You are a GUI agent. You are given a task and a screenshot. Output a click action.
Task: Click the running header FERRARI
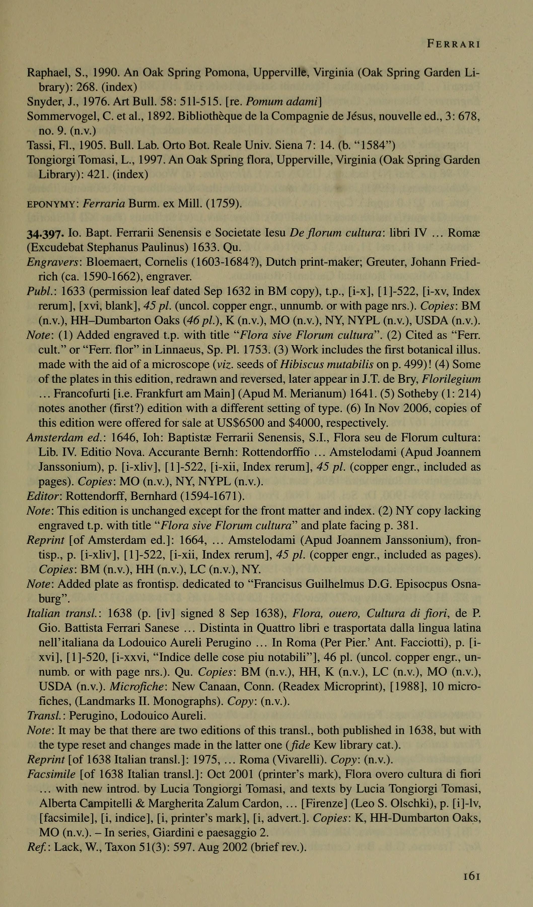point(453,44)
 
